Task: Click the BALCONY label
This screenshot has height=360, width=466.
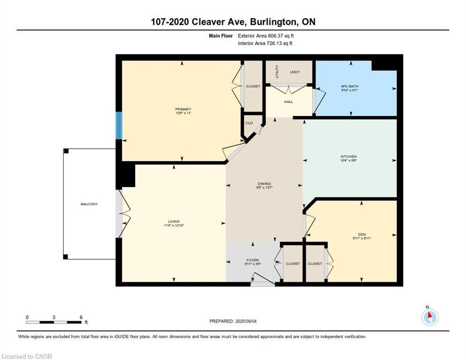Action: coord(89,204)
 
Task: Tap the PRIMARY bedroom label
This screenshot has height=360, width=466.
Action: coord(183,109)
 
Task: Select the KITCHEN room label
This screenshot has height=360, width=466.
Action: coord(349,157)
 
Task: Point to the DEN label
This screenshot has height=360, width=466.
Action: coord(362,234)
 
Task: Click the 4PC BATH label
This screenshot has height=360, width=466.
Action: coord(350,86)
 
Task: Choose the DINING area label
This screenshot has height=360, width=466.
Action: coord(264,184)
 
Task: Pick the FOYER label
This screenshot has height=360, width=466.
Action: coord(253,260)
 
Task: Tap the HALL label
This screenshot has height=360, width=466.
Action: coord(288,102)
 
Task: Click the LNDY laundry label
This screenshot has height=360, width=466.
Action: coord(295,72)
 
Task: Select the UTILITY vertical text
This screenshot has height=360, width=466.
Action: coord(277,72)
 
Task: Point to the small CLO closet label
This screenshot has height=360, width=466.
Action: coord(249,123)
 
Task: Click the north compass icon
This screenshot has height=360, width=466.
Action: coord(430,317)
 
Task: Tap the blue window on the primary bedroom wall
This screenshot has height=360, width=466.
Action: coord(119,126)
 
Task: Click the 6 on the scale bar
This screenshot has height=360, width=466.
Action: coord(81,317)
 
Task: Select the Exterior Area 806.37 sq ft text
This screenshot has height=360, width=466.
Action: coord(266,36)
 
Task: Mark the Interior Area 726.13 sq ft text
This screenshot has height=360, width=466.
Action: coord(265,44)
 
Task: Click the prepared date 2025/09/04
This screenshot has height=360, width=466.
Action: coord(246,322)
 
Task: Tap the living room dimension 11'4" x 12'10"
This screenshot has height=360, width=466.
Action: coord(174,225)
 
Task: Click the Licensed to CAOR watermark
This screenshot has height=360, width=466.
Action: coord(27,356)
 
